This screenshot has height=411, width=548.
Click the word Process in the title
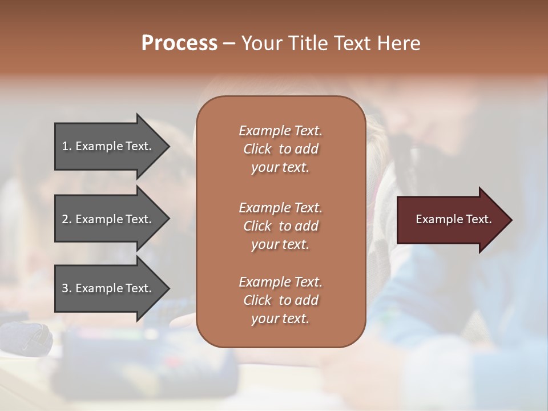(179, 43)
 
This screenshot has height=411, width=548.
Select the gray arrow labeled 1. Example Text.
(108, 146)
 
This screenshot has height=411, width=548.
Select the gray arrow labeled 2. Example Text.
(108, 219)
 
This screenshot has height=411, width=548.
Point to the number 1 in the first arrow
(65, 146)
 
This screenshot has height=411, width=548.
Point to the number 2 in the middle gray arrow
(65, 219)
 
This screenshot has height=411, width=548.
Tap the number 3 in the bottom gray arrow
(65, 289)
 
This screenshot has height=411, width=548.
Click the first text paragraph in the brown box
(280, 149)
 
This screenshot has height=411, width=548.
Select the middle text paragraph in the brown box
(280, 225)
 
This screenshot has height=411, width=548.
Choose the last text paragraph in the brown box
(280, 300)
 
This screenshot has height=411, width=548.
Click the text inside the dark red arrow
(454, 219)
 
